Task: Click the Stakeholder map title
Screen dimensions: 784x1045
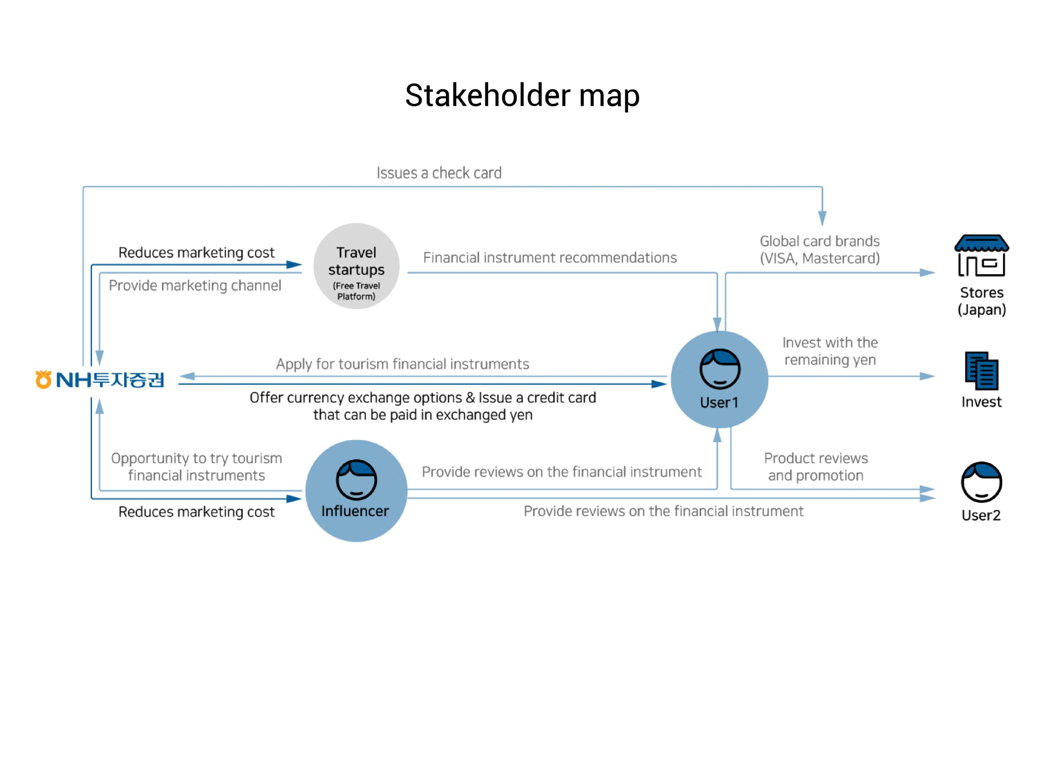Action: click(522, 96)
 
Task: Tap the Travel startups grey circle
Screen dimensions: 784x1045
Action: click(356, 266)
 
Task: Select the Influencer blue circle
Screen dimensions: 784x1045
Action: click(356, 490)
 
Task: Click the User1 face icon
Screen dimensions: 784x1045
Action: click(720, 369)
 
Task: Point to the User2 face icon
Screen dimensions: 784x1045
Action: click(981, 482)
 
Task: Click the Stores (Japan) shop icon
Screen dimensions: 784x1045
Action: click(981, 255)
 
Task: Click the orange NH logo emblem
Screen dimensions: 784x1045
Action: click(43, 379)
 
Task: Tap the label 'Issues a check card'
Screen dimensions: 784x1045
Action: click(439, 173)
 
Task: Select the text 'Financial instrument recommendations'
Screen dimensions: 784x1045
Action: click(549, 258)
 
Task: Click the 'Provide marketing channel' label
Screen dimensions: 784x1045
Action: click(195, 285)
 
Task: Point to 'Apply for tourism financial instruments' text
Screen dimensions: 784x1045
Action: click(402, 364)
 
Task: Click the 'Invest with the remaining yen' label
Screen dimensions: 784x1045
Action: click(830, 351)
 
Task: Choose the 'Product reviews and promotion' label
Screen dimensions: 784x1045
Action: click(816, 466)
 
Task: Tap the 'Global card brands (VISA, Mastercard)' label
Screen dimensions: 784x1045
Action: click(820, 249)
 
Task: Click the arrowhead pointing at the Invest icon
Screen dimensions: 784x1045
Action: click(927, 376)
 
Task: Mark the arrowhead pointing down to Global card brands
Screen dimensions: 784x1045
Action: click(822, 218)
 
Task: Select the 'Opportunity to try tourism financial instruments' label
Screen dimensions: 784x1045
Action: click(196, 466)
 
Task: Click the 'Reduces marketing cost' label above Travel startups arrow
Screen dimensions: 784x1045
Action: click(196, 252)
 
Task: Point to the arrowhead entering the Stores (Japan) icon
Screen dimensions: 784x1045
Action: click(927, 273)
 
